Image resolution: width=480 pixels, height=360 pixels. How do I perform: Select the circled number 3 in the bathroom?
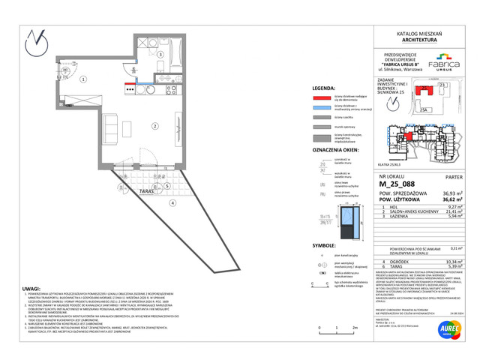(160, 55)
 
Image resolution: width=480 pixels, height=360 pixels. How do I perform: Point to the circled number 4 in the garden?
(172, 202)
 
